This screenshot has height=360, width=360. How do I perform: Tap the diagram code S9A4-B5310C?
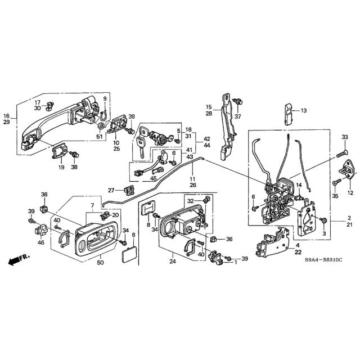click(323, 260)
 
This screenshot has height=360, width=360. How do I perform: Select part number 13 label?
click(304, 111)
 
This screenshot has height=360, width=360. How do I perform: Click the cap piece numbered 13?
click(289, 114)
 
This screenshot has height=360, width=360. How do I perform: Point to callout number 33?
click(345, 137)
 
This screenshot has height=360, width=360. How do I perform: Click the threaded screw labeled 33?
click(342, 153)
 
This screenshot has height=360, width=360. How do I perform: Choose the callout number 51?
click(99, 137)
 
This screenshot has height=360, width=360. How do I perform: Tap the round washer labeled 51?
click(101, 126)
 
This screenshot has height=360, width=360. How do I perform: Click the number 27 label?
click(111, 190)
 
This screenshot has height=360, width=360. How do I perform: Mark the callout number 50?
click(100, 263)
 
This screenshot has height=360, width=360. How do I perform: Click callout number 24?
click(173, 261)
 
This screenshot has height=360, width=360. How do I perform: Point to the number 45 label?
click(154, 178)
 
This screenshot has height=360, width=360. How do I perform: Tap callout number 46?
click(41, 242)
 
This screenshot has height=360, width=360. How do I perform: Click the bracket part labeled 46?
click(40, 230)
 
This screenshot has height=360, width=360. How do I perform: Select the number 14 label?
click(299, 185)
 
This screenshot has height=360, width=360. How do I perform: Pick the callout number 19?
click(61, 167)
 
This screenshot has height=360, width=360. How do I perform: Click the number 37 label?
click(237, 116)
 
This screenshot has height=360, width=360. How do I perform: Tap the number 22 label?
click(298, 252)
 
